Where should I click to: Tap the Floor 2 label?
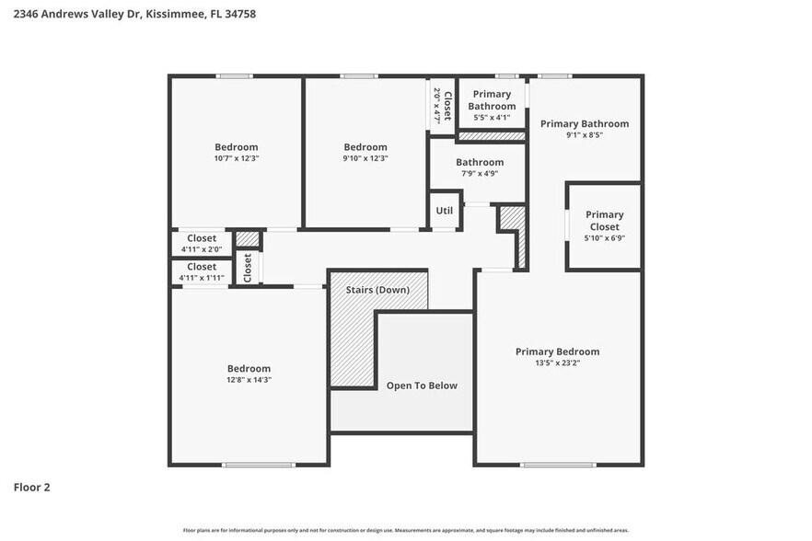(31, 487)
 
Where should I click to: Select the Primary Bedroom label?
(557, 351)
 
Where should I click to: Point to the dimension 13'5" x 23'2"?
(557, 363)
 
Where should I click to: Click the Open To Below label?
(422, 386)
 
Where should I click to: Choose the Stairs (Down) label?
(377, 290)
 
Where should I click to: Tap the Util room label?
(444, 211)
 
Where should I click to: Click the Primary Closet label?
(604, 221)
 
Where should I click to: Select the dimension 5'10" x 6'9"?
(604, 238)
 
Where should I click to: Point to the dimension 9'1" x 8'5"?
(584, 135)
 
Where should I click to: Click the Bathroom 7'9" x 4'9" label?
(480, 163)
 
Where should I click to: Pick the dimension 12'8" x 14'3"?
(249, 380)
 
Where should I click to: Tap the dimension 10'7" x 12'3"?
(237, 158)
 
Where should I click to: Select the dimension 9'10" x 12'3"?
(365, 158)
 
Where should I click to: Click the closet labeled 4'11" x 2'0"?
(202, 243)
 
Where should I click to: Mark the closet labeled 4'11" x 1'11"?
(202, 271)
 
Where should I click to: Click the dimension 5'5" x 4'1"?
(492, 118)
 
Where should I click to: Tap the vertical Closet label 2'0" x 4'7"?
(443, 106)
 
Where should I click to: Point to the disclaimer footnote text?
(405, 530)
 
